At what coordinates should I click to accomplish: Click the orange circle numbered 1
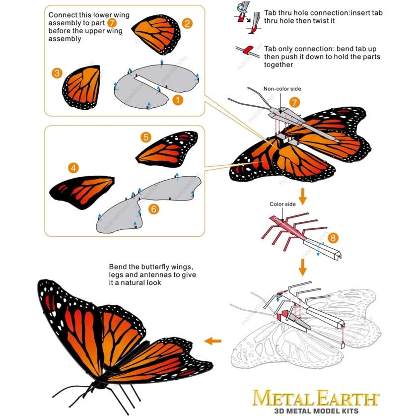pos(178,100)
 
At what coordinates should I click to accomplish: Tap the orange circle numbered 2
pos(187,23)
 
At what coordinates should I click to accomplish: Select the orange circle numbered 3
pos(57,73)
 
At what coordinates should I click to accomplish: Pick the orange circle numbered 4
pos(73,168)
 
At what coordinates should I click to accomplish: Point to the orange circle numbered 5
pos(146,137)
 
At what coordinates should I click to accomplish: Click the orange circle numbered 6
pos(153,209)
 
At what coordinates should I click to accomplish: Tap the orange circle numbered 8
pos(333,238)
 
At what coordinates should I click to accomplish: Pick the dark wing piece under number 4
pos(81,191)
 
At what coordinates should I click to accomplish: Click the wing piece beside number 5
pos(167,149)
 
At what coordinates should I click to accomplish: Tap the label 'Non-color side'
pos(282,89)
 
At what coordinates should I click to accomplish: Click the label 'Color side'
pos(282,204)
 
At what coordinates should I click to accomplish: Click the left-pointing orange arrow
pos(213,341)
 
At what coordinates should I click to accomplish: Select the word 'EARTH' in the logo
pos(348,398)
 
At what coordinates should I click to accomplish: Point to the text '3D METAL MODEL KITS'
pos(316,411)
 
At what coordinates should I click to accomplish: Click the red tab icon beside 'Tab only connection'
pos(248,50)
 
